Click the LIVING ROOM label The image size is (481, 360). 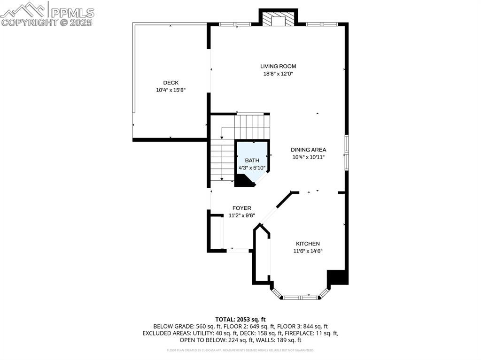point(278,66)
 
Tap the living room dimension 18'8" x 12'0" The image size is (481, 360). point(278,74)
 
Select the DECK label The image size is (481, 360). point(171,83)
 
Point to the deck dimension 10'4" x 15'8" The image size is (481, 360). point(171,90)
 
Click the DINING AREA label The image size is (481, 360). point(308,150)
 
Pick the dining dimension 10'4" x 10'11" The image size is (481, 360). point(308,157)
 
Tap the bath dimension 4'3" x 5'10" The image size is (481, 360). point(252,168)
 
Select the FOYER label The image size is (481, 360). point(241,208)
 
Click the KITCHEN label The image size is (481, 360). point(308,244)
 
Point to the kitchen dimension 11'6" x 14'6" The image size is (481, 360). point(308,251)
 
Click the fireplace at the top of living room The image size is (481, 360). point(278,19)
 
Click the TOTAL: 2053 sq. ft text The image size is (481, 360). point(240,319)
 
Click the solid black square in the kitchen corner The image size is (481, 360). point(338,277)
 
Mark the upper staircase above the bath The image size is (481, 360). point(252,126)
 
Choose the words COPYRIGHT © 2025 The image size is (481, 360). point(47,23)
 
